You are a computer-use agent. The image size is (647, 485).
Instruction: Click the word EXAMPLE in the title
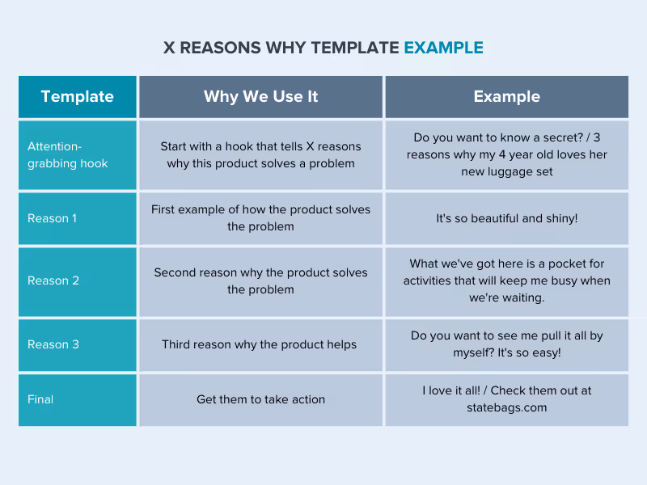[443, 47]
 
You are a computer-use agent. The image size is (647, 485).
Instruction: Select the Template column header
[77, 96]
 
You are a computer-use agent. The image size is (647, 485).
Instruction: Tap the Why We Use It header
[260, 96]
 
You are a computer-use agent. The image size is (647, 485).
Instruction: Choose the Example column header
[506, 96]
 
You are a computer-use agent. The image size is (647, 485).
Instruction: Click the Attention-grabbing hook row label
[67, 154]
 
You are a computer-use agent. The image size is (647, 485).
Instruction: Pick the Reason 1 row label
[53, 218]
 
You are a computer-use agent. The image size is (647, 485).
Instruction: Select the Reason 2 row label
[53, 280]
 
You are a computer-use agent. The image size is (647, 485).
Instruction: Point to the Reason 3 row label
[53, 344]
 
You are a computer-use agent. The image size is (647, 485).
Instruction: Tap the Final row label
[41, 399]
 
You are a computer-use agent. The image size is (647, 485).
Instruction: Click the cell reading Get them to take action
[260, 399]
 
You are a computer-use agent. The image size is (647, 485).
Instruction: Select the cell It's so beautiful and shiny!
[506, 218]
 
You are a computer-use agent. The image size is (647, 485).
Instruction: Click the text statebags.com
[506, 407]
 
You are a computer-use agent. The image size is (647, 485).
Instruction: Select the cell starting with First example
[260, 218]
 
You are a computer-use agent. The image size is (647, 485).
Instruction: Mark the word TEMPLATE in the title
[353, 47]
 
